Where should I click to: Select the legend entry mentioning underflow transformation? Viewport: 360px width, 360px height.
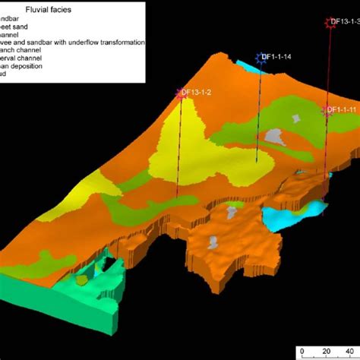click(72, 42)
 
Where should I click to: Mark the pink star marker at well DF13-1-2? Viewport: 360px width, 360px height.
click(182, 93)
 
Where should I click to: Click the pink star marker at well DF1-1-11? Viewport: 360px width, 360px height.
click(328, 111)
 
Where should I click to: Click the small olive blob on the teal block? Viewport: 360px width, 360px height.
click(81, 280)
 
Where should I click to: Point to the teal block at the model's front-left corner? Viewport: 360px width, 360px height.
click(46, 300)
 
